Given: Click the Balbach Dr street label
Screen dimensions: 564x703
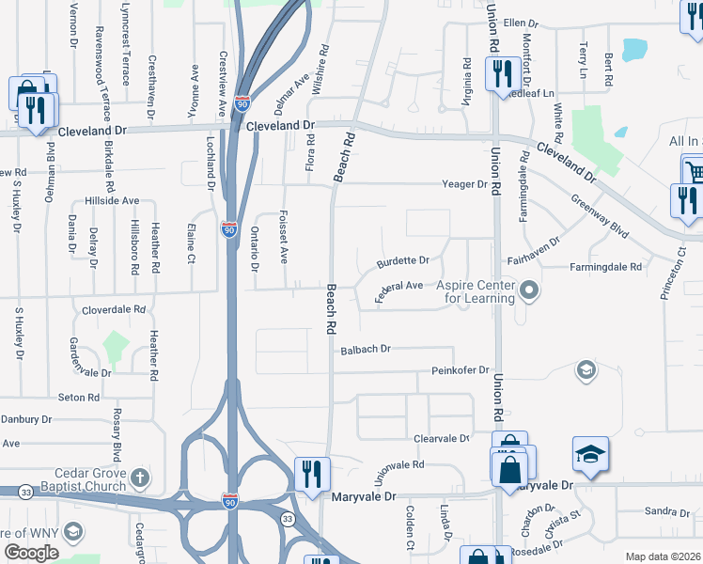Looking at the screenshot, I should [x=366, y=349].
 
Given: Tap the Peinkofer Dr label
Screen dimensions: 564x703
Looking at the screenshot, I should [x=461, y=370].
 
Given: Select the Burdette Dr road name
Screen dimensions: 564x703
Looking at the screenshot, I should [x=402, y=260].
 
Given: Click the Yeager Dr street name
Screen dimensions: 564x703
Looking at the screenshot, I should [x=466, y=184].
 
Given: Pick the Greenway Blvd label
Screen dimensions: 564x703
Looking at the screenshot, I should [x=599, y=214].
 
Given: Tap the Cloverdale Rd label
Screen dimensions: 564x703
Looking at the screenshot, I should [x=114, y=308].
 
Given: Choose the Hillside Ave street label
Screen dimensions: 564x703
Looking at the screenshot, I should [x=111, y=201].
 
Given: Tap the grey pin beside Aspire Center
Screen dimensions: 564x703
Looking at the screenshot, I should [x=529, y=291].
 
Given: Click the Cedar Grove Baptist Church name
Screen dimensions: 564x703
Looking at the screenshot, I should [x=63, y=479].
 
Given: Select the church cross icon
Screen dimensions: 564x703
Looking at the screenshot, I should [x=140, y=478].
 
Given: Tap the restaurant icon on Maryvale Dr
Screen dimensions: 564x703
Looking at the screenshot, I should [x=311, y=474].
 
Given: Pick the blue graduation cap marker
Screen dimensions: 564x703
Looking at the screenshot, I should [x=590, y=455].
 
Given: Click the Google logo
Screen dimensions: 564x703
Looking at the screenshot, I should [x=31, y=552].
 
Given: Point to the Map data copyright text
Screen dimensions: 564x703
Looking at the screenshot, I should [x=663, y=556].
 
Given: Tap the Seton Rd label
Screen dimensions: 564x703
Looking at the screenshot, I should [x=79, y=398].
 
